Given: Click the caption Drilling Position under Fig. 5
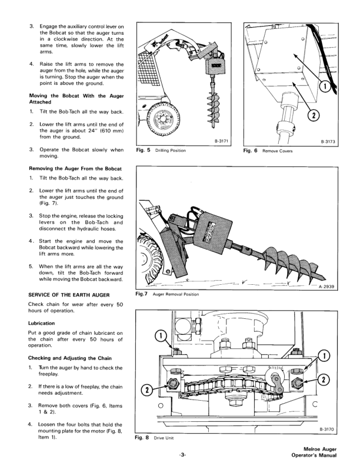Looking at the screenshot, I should pyautogui.click(x=170, y=151).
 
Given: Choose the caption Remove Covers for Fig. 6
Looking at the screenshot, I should pyautogui.click(x=278, y=151).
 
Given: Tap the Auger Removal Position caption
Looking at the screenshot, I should pyautogui.click(x=175, y=294).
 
